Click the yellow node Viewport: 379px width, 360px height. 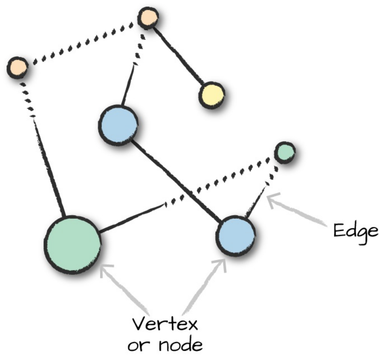pyautogui.click(x=211, y=95)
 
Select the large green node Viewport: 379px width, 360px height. pyautogui.click(x=73, y=244)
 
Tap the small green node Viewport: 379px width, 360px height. pyautogui.click(x=284, y=152)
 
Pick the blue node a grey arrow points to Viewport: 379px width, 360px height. pyautogui.click(x=235, y=235)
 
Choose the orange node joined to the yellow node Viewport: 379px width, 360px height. pyautogui.click(x=148, y=18)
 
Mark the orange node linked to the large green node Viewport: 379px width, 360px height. pyautogui.click(x=17, y=67)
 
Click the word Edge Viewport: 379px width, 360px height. pyautogui.click(x=356, y=231)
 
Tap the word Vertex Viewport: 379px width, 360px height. pyautogui.click(x=165, y=325)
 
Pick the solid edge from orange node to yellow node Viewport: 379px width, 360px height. pyautogui.click(x=179, y=56)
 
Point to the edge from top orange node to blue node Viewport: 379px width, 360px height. pyautogui.click(x=130, y=79)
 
